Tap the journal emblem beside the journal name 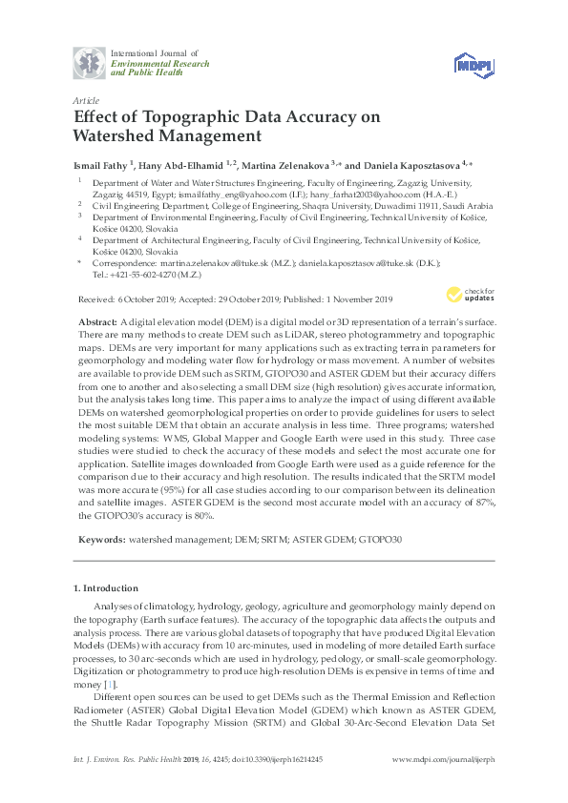[x=90, y=63]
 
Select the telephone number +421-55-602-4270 [x=144, y=273]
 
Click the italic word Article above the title [x=85, y=99]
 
